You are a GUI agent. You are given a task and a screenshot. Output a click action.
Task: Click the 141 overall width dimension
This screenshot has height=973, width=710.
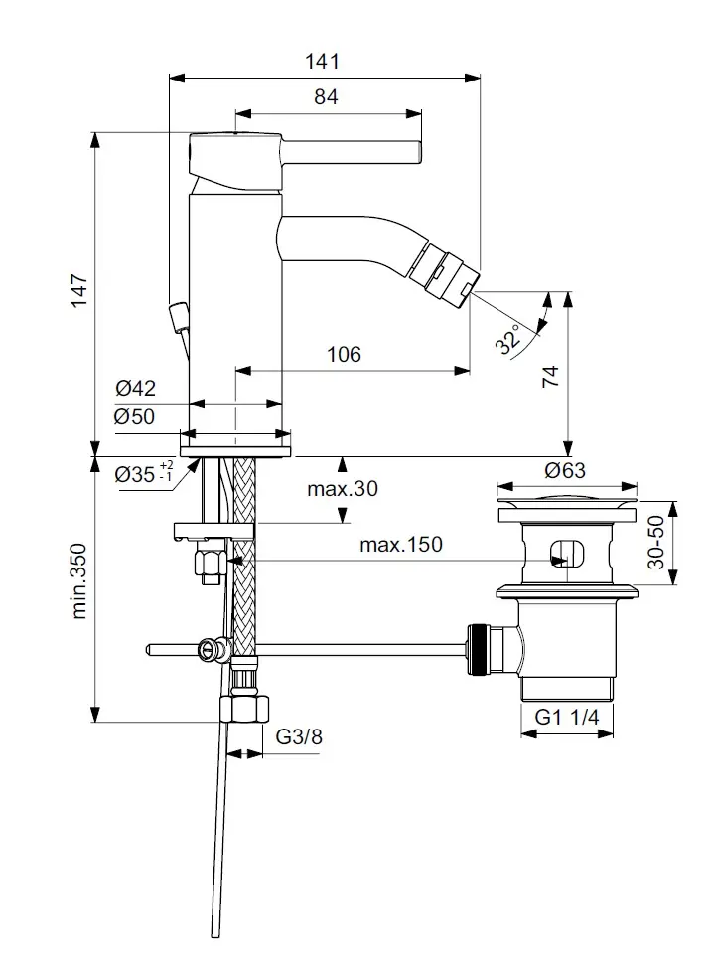tap(323, 61)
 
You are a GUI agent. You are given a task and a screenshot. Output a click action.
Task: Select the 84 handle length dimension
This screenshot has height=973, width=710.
tap(327, 97)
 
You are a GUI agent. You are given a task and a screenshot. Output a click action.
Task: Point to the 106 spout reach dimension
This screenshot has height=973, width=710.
tap(344, 354)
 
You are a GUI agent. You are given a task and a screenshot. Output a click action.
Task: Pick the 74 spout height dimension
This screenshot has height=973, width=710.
tap(551, 375)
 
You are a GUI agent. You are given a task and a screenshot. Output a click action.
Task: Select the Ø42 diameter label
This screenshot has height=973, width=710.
tap(135, 389)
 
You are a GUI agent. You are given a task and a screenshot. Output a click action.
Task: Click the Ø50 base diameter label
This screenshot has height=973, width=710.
tap(135, 417)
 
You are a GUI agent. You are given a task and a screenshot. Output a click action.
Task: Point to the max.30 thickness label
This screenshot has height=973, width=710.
tap(343, 488)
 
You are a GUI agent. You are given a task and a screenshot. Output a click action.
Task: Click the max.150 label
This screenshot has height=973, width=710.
tap(401, 544)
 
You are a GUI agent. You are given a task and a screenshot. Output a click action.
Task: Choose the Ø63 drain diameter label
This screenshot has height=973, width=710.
tap(565, 470)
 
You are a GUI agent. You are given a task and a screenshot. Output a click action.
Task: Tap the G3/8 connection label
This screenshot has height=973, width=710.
tap(298, 736)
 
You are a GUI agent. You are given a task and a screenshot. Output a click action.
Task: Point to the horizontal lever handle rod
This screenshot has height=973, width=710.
tap(353, 151)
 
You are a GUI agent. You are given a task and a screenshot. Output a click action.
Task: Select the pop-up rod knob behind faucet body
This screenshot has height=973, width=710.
tap(178, 317)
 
